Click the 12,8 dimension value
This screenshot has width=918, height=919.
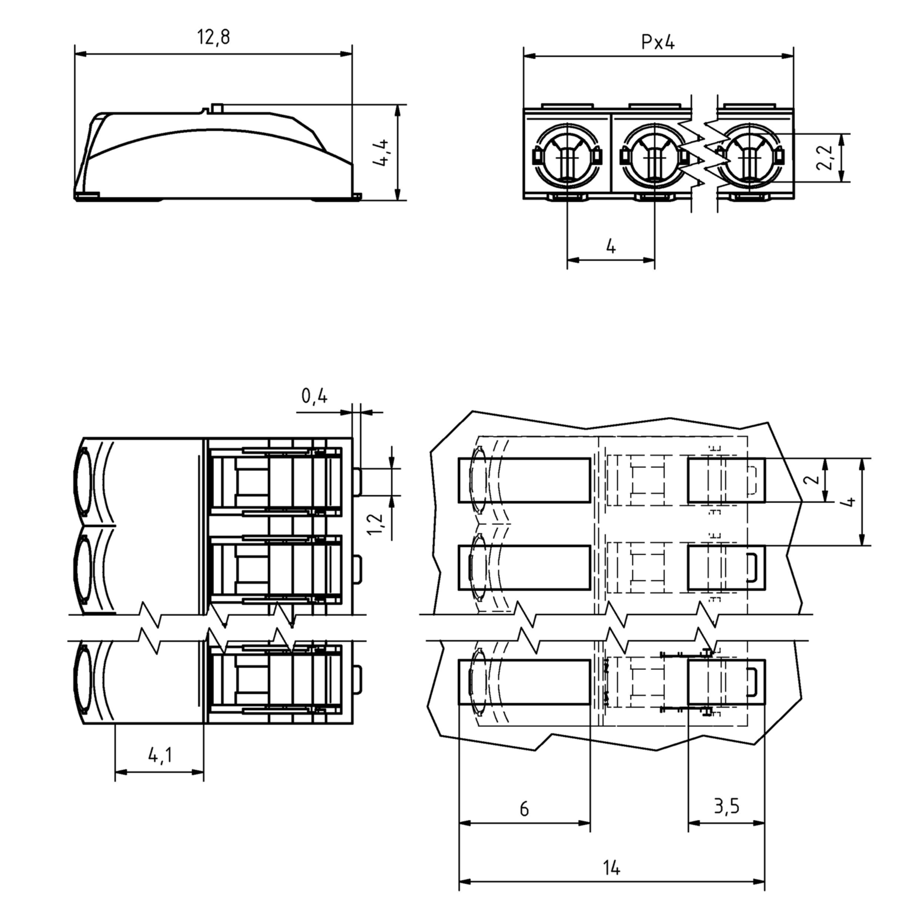[213, 37]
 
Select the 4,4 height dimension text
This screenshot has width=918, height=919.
[381, 153]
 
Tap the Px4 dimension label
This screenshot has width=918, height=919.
[658, 43]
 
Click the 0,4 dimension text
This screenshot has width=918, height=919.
[314, 396]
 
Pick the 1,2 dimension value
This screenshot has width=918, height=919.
[376, 523]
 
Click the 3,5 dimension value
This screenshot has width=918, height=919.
[727, 806]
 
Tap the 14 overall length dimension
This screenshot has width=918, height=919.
[611, 868]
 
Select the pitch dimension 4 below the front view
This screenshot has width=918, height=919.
[611, 247]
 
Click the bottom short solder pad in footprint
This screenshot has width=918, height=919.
[726, 682]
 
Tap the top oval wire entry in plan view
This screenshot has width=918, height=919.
[82, 481]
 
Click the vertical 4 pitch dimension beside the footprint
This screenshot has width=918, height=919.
[849, 502]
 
